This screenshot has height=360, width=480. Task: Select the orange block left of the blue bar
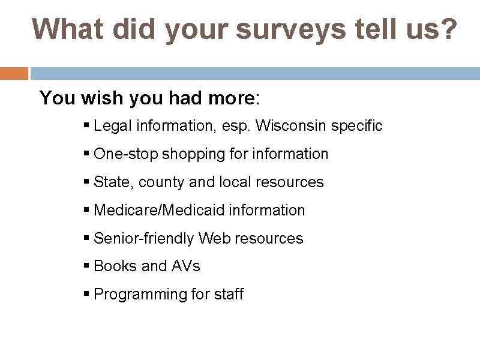[14, 73]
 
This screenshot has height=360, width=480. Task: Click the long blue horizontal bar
[255, 73]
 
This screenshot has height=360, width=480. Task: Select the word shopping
[185, 154]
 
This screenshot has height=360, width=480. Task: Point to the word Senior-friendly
[144, 239]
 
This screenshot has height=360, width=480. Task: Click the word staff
[229, 295]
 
